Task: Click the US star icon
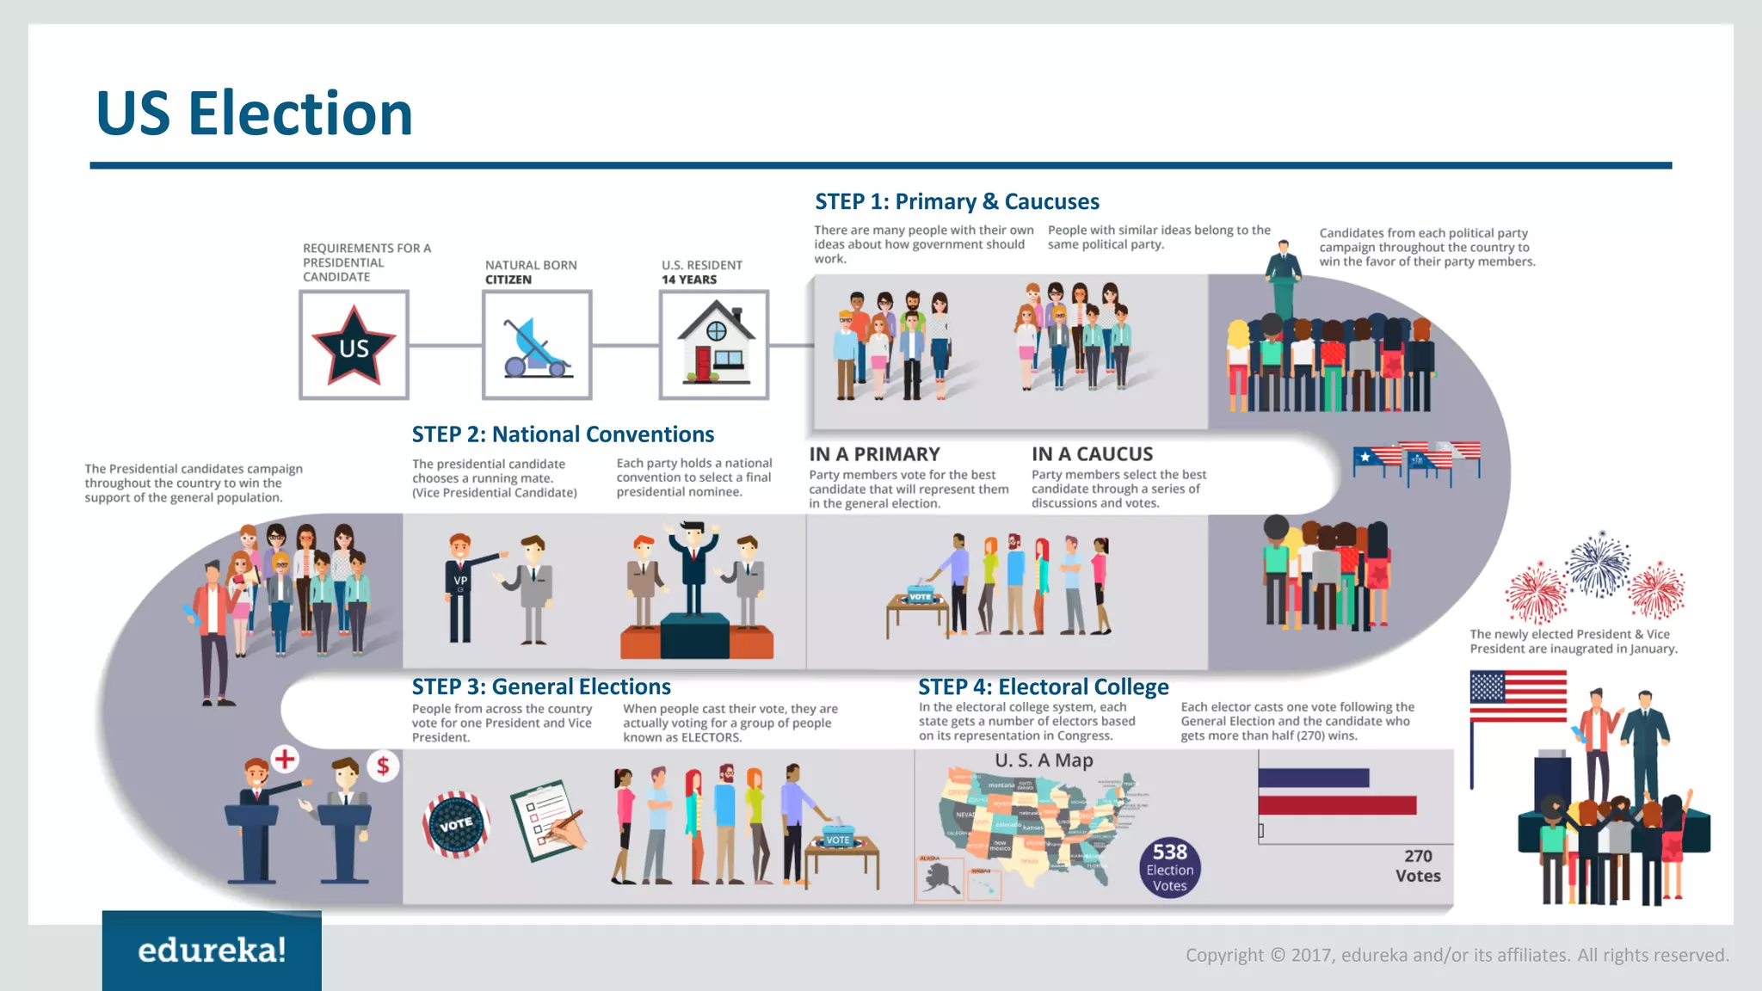354,345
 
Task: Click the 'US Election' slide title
254,114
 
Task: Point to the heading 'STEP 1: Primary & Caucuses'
957,201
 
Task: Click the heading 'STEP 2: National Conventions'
563,434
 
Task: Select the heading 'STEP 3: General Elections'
541,686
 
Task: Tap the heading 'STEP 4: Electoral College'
1043,686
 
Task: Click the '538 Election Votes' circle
1170,867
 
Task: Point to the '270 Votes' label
1418,866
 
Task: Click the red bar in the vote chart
1337,805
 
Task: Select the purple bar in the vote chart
1314,778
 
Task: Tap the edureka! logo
212,950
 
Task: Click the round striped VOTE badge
456,824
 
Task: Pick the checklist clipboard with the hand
548,821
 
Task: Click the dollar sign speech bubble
383,765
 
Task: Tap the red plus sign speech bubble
285,759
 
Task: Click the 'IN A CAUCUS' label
1092,454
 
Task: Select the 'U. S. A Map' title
1044,760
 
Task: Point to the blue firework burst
1598,563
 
